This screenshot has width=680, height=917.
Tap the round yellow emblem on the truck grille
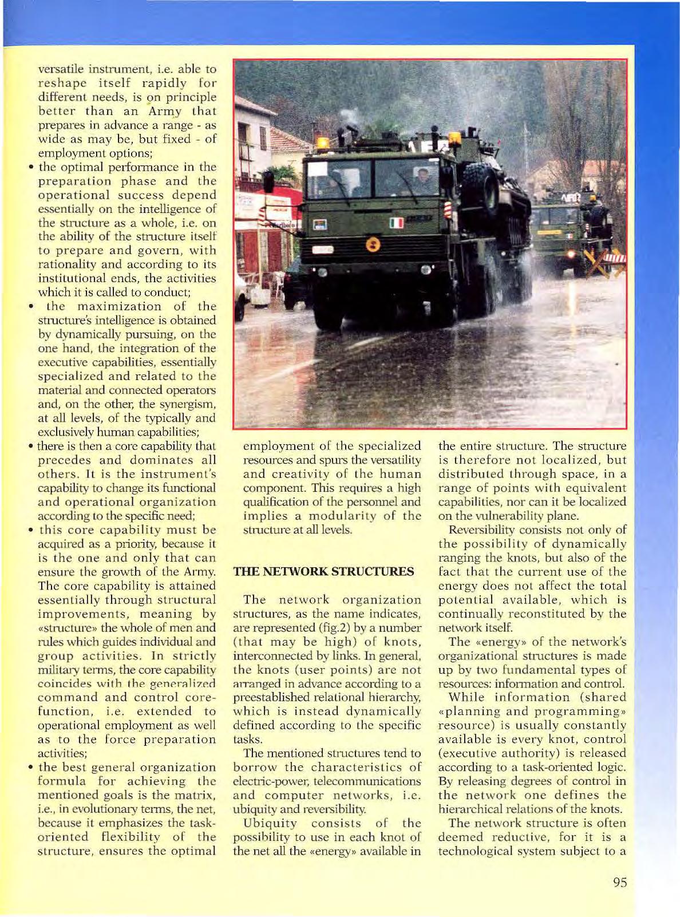tap(373, 244)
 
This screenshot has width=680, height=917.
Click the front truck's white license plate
tap(322, 250)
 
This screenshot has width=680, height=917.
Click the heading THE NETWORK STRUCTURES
tap(323, 572)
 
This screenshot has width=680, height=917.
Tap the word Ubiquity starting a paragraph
tap(271, 823)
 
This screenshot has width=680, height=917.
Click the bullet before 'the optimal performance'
tap(33, 168)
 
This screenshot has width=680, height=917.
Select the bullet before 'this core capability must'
tap(33, 531)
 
